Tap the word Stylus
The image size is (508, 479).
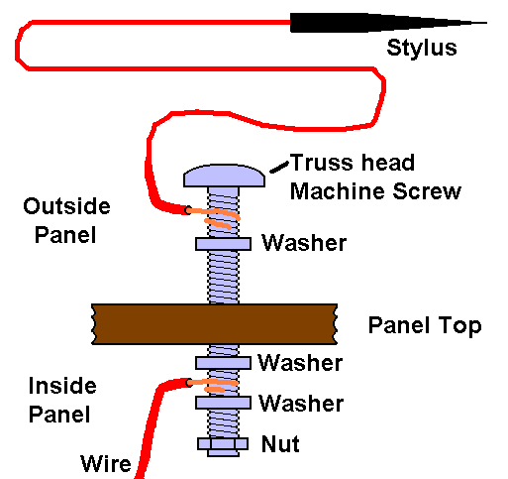coord(422,48)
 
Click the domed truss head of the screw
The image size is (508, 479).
coord(224,176)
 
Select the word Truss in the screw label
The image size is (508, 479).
coord(322,163)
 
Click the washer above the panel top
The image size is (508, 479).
coord(223,244)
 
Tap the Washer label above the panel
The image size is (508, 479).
coord(304,243)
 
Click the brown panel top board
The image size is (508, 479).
coord(215,324)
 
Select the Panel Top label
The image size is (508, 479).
coord(425,326)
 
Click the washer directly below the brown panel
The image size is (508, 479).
coord(223,363)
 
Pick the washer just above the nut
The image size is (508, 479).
coord(223,403)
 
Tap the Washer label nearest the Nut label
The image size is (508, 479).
coord(301,404)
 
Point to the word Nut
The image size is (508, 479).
coord(280,443)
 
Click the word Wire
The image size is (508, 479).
coord(106,463)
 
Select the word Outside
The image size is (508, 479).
coord(66,206)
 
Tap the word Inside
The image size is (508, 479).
coord(62,386)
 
